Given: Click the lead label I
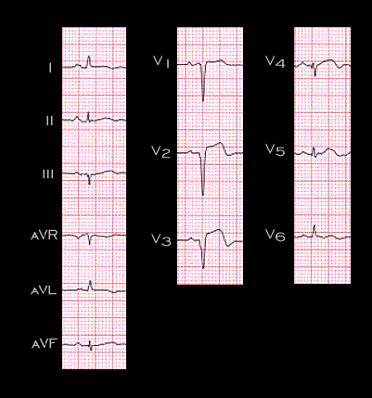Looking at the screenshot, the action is pyautogui.click(x=50, y=69).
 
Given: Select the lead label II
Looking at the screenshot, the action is pyautogui.click(x=50, y=121).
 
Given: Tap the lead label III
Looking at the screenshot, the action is pyautogui.click(x=48, y=174).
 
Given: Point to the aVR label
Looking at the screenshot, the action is pyautogui.click(x=45, y=236).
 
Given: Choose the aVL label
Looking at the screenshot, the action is pyautogui.click(x=44, y=290).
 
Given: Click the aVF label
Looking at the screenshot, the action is pyautogui.click(x=45, y=344).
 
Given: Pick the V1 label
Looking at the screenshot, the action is pyautogui.click(x=161, y=61).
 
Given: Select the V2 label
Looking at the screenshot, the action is pyautogui.click(x=160, y=151).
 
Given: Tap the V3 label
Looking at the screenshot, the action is pyautogui.click(x=160, y=239).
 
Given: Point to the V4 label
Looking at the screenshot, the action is pyautogui.click(x=276, y=61).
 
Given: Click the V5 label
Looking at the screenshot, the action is pyautogui.click(x=276, y=150).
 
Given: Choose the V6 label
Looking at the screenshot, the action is pyautogui.click(x=276, y=236).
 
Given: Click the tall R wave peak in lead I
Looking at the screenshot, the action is pyautogui.click(x=89, y=56).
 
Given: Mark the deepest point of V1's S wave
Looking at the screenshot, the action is pyautogui.click(x=203, y=101).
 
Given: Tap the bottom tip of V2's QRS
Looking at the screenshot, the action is pyautogui.click(x=203, y=195).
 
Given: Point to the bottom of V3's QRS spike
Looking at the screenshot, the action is pyautogui.click(x=203, y=268).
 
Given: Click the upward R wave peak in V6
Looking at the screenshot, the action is pyautogui.click(x=314, y=225).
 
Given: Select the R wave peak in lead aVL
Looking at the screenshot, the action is pyautogui.click(x=90, y=281).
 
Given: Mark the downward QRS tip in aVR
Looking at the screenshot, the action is pyautogui.click(x=90, y=245).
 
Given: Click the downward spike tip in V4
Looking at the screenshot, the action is pyautogui.click(x=315, y=76).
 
